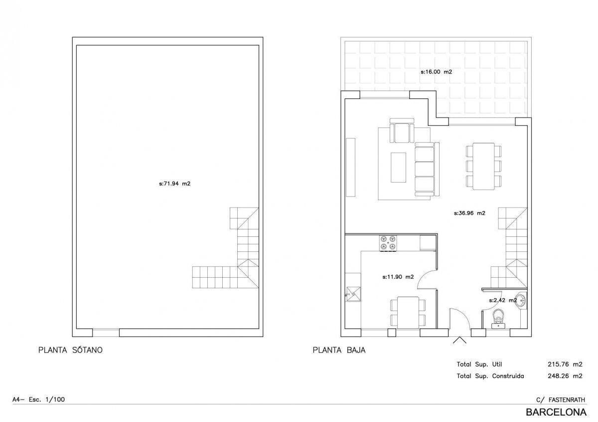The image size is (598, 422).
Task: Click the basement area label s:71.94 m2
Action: click(174, 184)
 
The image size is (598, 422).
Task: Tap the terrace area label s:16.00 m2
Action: click(436, 72)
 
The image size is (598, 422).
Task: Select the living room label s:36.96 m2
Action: click(469, 213)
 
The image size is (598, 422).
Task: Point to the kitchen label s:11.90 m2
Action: click(398, 277)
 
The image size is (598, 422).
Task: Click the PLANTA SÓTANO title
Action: click(70, 350)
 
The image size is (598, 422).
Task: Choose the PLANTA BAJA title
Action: click(339, 350)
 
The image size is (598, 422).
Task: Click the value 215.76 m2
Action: click(565, 364)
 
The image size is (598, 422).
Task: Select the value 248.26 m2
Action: click(565, 376)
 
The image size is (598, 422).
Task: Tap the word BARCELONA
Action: click(556, 412)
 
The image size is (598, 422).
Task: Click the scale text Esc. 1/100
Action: click(47, 399)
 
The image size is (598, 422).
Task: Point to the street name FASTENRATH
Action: click(567, 400)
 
